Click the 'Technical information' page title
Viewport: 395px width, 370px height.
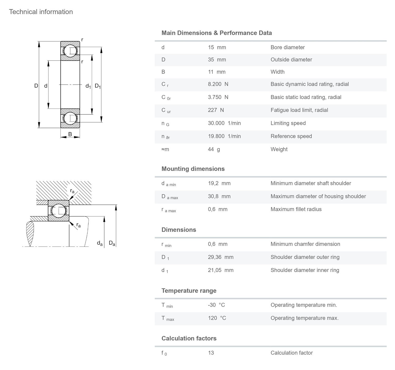[41, 12]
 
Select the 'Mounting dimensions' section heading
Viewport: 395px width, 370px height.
[193, 169]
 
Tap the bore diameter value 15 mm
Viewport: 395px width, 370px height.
[217, 47]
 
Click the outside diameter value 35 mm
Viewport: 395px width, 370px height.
[217, 60]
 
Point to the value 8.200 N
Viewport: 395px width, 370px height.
[218, 84]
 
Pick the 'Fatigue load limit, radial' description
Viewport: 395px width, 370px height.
[299, 110]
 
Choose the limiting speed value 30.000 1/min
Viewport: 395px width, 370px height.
[224, 123]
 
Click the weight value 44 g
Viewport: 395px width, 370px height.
[214, 149]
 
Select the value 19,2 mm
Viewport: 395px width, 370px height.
[219, 183]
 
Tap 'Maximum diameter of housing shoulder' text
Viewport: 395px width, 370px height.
[318, 196]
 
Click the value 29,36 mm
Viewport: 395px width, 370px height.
[221, 257]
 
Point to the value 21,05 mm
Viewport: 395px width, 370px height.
[221, 270]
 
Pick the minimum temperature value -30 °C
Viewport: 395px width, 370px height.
[216, 305]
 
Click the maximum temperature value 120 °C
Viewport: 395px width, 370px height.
[217, 318]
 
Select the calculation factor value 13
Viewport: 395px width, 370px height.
[211, 353]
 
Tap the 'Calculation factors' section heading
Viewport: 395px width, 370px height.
[189, 338]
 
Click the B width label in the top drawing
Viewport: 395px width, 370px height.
[70, 134]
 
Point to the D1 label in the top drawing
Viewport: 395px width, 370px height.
[98, 86]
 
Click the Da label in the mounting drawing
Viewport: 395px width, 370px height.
[112, 243]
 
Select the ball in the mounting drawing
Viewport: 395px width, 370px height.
[58, 211]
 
